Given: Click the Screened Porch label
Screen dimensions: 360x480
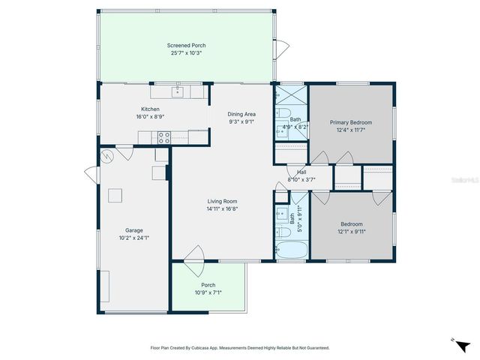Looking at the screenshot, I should [186, 46].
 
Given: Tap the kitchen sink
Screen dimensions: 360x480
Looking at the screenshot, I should [177, 92].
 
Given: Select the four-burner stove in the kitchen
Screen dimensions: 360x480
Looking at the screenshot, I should [163, 137].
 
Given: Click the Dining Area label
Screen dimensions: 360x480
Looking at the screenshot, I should [241, 114].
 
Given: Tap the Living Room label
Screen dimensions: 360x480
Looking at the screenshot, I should [223, 201].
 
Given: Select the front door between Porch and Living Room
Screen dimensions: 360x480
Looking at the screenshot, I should [193, 255].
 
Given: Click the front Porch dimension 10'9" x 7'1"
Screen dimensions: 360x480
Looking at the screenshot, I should [208, 292].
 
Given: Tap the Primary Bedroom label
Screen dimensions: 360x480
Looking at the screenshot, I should [351, 122].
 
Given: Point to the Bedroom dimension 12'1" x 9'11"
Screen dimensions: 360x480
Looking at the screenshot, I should [352, 232].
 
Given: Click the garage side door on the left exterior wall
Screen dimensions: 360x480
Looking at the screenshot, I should [91, 175].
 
